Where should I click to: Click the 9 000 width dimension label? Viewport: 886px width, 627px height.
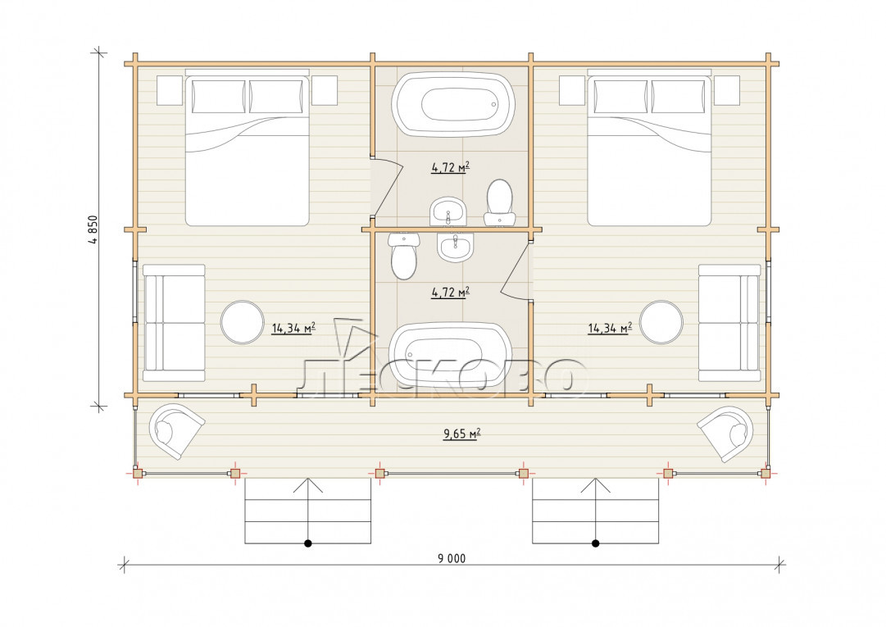pyautogui.click(x=452, y=559)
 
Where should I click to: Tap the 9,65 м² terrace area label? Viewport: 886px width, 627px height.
pyautogui.click(x=461, y=434)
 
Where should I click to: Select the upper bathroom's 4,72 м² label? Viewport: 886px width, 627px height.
pyautogui.click(x=450, y=167)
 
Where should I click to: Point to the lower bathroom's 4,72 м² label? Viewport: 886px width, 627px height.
pyautogui.click(x=450, y=293)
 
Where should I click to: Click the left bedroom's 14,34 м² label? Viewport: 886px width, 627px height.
pyautogui.click(x=293, y=328)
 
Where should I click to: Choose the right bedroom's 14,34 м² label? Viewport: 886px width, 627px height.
pyautogui.click(x=610, y=328)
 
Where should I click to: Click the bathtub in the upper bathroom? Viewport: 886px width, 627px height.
pyautogui.click(x=453, y=103)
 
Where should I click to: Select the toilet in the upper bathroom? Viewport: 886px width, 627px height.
pyautogui.click(x=499, y=202)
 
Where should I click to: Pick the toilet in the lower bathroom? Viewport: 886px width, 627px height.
pyautogui.click(x=403, y=257)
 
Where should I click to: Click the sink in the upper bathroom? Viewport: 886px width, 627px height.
pyautogui.click(x=448, y=211)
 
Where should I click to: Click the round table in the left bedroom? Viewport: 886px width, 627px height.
pyautogui.click(x=243, y=323)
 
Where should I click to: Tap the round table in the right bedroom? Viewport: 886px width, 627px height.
pyautogui.click(x=661, y=323)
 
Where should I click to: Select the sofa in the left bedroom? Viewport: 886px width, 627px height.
pyautogui.click(x=174, y=323)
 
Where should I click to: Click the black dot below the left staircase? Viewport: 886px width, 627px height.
pyautogui.click(x=308, y=543)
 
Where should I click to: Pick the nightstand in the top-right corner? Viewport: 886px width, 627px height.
pyautogui.click(x=726, y=90)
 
